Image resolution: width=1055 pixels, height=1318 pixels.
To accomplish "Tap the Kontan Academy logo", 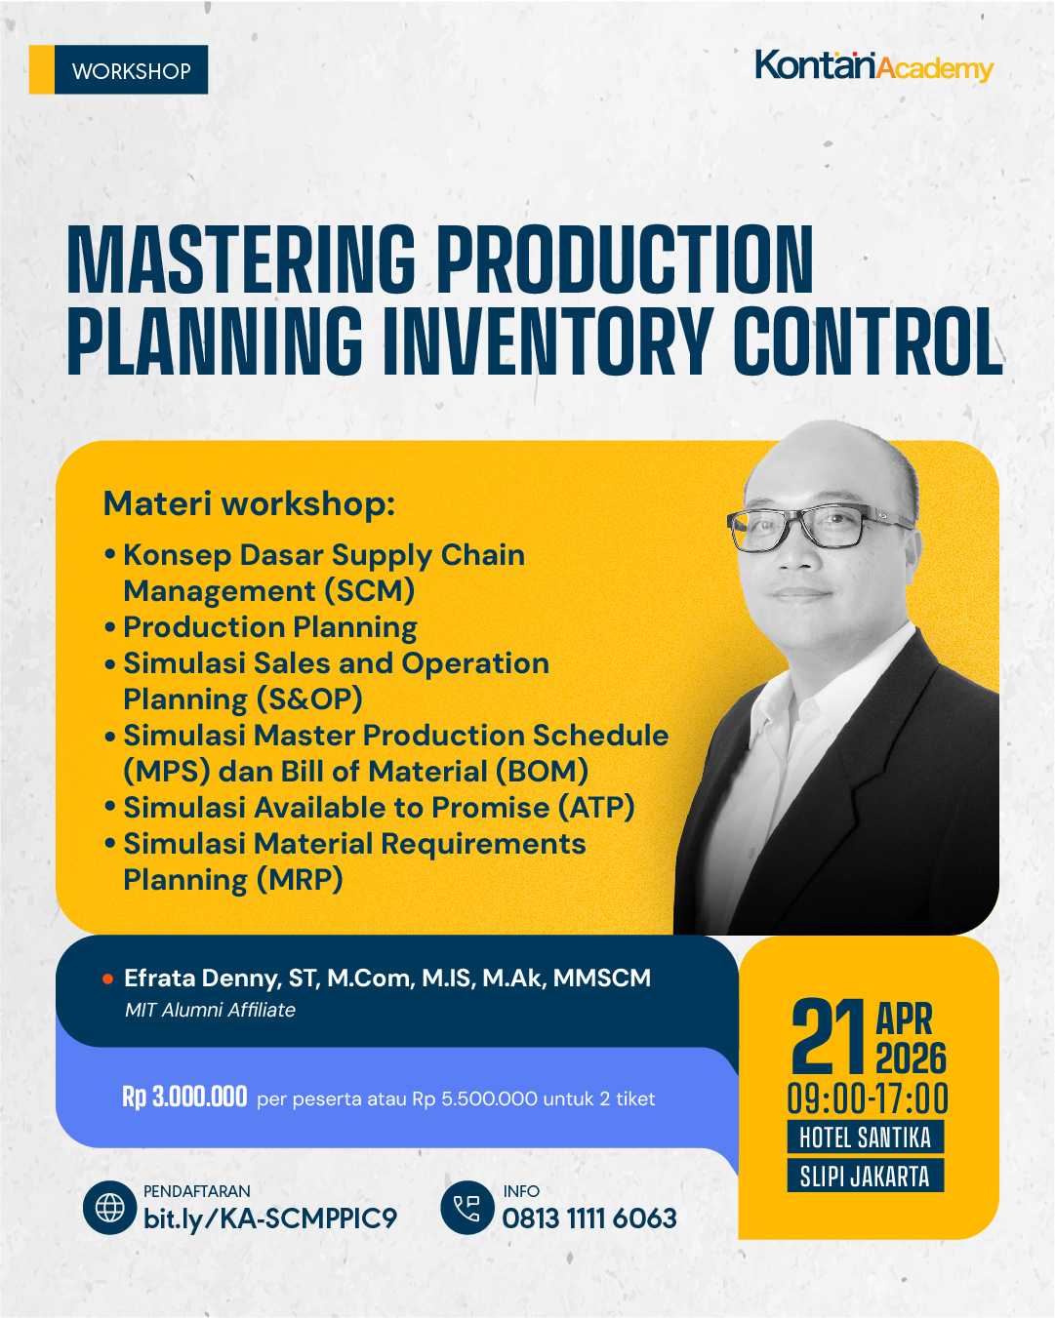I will coord(873,66).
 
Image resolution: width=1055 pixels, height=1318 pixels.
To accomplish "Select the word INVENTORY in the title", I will coord(547,340).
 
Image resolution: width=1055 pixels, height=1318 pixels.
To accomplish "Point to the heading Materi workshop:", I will coord(249,503).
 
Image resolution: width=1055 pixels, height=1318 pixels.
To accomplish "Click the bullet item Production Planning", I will coord(270,626).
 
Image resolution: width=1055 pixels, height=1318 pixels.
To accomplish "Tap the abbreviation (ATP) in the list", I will coord(596,808).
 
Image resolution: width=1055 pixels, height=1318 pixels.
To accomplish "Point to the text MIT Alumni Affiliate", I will coord(210,1011).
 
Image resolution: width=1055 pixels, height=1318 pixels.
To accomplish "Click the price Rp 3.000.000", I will coord(184,1098).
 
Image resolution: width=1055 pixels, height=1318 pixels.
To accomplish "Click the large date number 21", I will coord(829,1036).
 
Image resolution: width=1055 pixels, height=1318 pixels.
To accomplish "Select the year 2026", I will coord(911,1058).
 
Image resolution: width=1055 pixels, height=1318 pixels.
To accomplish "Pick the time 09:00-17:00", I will coord(868,1099).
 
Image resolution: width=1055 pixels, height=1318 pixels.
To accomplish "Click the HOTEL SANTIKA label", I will coord(865,1138).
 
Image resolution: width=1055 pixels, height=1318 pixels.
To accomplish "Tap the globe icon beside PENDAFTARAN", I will coord(109,1208).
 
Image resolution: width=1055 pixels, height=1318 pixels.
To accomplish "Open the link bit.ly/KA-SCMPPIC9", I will coord(270,1218).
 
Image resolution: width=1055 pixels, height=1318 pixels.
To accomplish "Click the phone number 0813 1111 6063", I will coord(589,1218).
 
